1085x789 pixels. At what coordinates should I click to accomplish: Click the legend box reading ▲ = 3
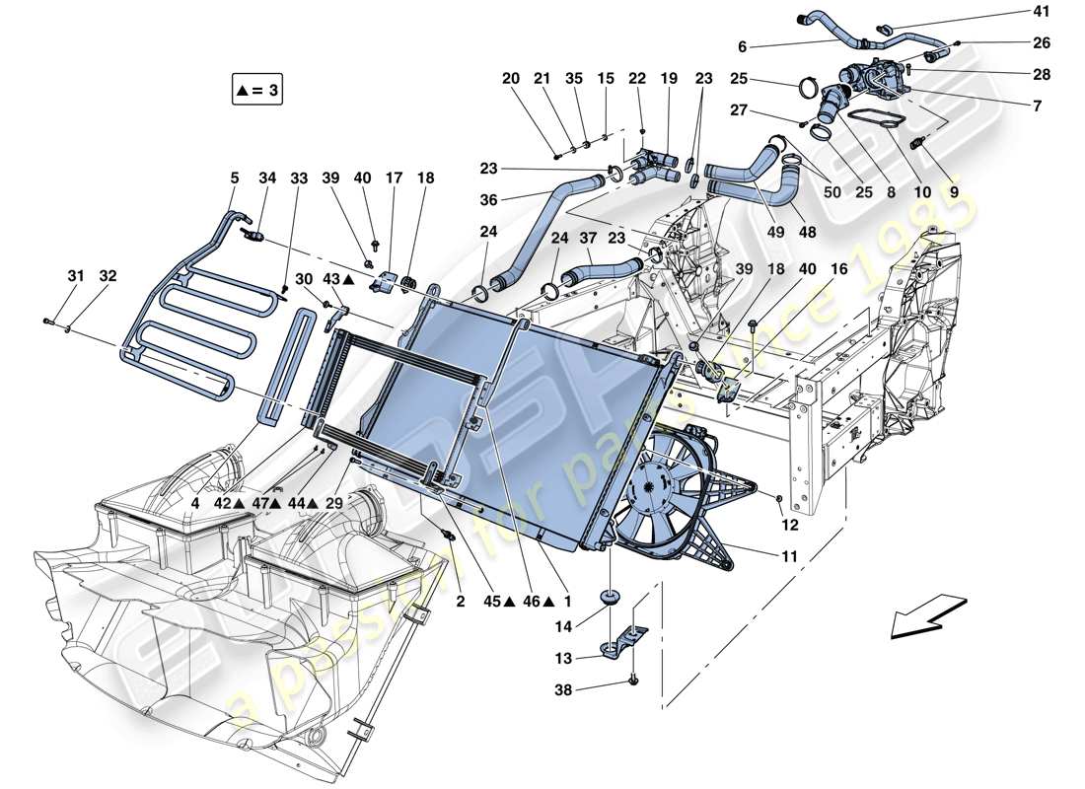[258, 91]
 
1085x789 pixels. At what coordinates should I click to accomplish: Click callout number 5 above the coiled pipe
[234, 179]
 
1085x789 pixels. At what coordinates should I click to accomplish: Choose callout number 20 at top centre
[509, 78]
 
